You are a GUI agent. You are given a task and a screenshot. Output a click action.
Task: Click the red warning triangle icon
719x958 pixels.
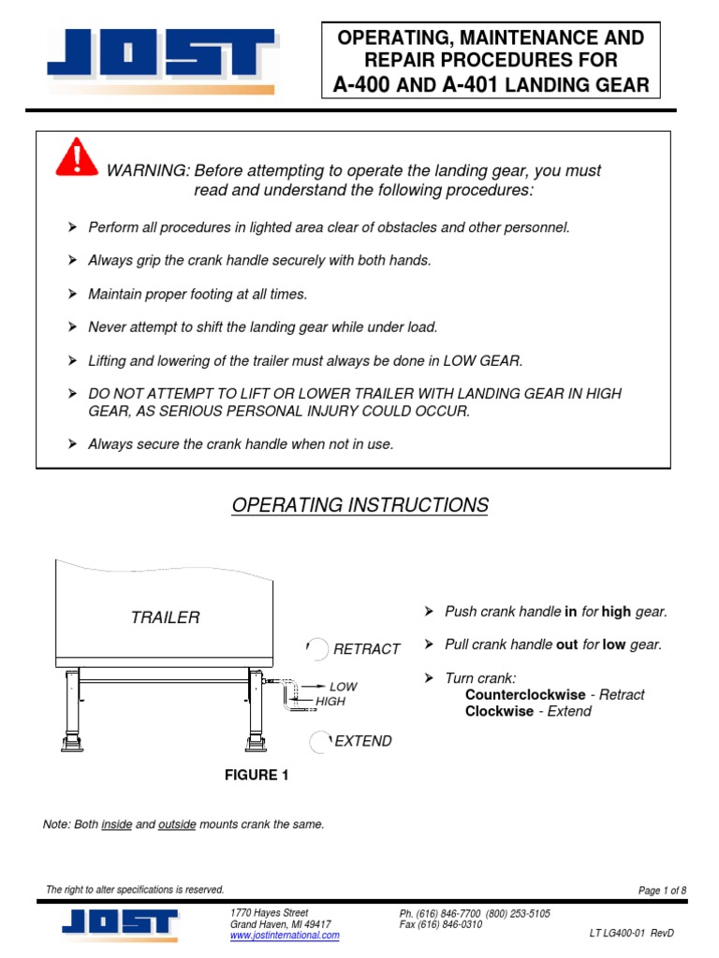point(77,156)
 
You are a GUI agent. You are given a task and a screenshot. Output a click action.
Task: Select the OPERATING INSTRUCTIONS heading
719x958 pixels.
point(359,505)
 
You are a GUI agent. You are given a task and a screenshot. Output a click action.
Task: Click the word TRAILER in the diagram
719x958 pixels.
point(165,617)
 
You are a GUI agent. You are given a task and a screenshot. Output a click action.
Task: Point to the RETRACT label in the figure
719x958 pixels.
point(367,648)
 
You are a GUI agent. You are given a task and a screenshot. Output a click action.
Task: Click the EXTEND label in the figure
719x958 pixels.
point(363,741)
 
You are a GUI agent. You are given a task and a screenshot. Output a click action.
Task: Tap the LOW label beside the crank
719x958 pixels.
point(343,687)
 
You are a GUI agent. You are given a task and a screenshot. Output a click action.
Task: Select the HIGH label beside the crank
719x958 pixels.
point(331,701)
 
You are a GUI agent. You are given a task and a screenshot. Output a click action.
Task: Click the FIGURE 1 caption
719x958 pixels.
point(249,775)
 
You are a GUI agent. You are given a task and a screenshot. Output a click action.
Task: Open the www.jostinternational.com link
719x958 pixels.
point(285,935)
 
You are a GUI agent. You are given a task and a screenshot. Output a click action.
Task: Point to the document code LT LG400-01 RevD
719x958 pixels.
point(631,934)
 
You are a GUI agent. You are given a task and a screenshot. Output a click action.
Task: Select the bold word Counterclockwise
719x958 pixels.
point(525,695)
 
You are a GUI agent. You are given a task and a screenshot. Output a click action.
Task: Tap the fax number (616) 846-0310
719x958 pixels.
point(440,924)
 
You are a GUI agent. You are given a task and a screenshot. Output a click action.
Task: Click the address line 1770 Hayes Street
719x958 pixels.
point(269,912)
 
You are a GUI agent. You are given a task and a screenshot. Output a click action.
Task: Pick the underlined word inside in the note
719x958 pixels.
point(117,824)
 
